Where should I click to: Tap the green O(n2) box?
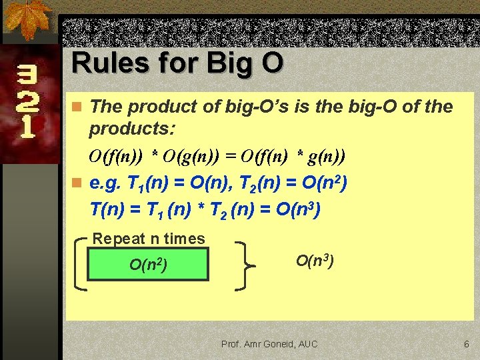pos(148,264)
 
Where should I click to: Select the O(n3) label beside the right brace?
pos(315,260)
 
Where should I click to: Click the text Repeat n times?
pos(149,238)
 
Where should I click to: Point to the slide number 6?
pos(467,344)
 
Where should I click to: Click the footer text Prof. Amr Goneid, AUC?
pos(269,344)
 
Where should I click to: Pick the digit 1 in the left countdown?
pos(27,127)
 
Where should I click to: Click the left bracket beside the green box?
pos(79,263)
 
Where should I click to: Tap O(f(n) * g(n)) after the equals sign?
pos(294,157)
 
